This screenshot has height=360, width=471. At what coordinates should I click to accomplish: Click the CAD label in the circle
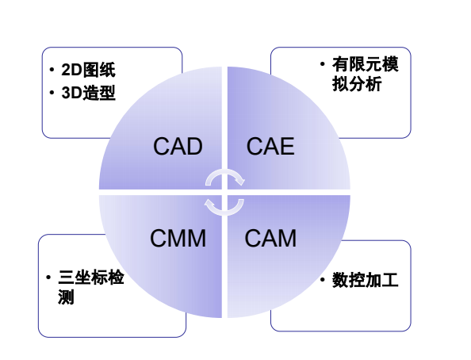tap(178, 147)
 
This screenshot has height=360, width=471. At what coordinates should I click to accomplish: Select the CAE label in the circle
tap(270, 147)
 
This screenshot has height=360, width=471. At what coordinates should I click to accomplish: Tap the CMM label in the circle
tap(178, 239)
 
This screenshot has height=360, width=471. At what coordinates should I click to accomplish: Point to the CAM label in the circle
tap(270, 239)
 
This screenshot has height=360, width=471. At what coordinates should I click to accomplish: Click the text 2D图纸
tap(88, 70)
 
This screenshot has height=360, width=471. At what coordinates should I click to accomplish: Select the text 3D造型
tap(88, 93)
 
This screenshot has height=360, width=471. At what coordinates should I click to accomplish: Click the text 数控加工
tap(366, 280)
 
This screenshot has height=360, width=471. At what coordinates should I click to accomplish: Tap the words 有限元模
tap(366, 64)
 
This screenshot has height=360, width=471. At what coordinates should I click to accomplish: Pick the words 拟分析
tap(357, 84)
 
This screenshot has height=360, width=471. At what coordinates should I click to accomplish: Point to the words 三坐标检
tap(91, 278)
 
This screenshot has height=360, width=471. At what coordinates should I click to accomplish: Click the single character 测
tap(66, 297)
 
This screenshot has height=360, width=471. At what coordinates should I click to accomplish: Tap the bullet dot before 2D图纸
tap(52, 70)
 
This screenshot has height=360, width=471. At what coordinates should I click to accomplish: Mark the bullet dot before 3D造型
tap(52, 93)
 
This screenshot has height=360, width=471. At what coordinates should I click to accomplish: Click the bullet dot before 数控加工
tap(323, 280)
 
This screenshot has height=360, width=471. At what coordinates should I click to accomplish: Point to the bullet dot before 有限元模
tap(323, 63)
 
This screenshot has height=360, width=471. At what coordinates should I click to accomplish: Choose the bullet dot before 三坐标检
tap(48, 277)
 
